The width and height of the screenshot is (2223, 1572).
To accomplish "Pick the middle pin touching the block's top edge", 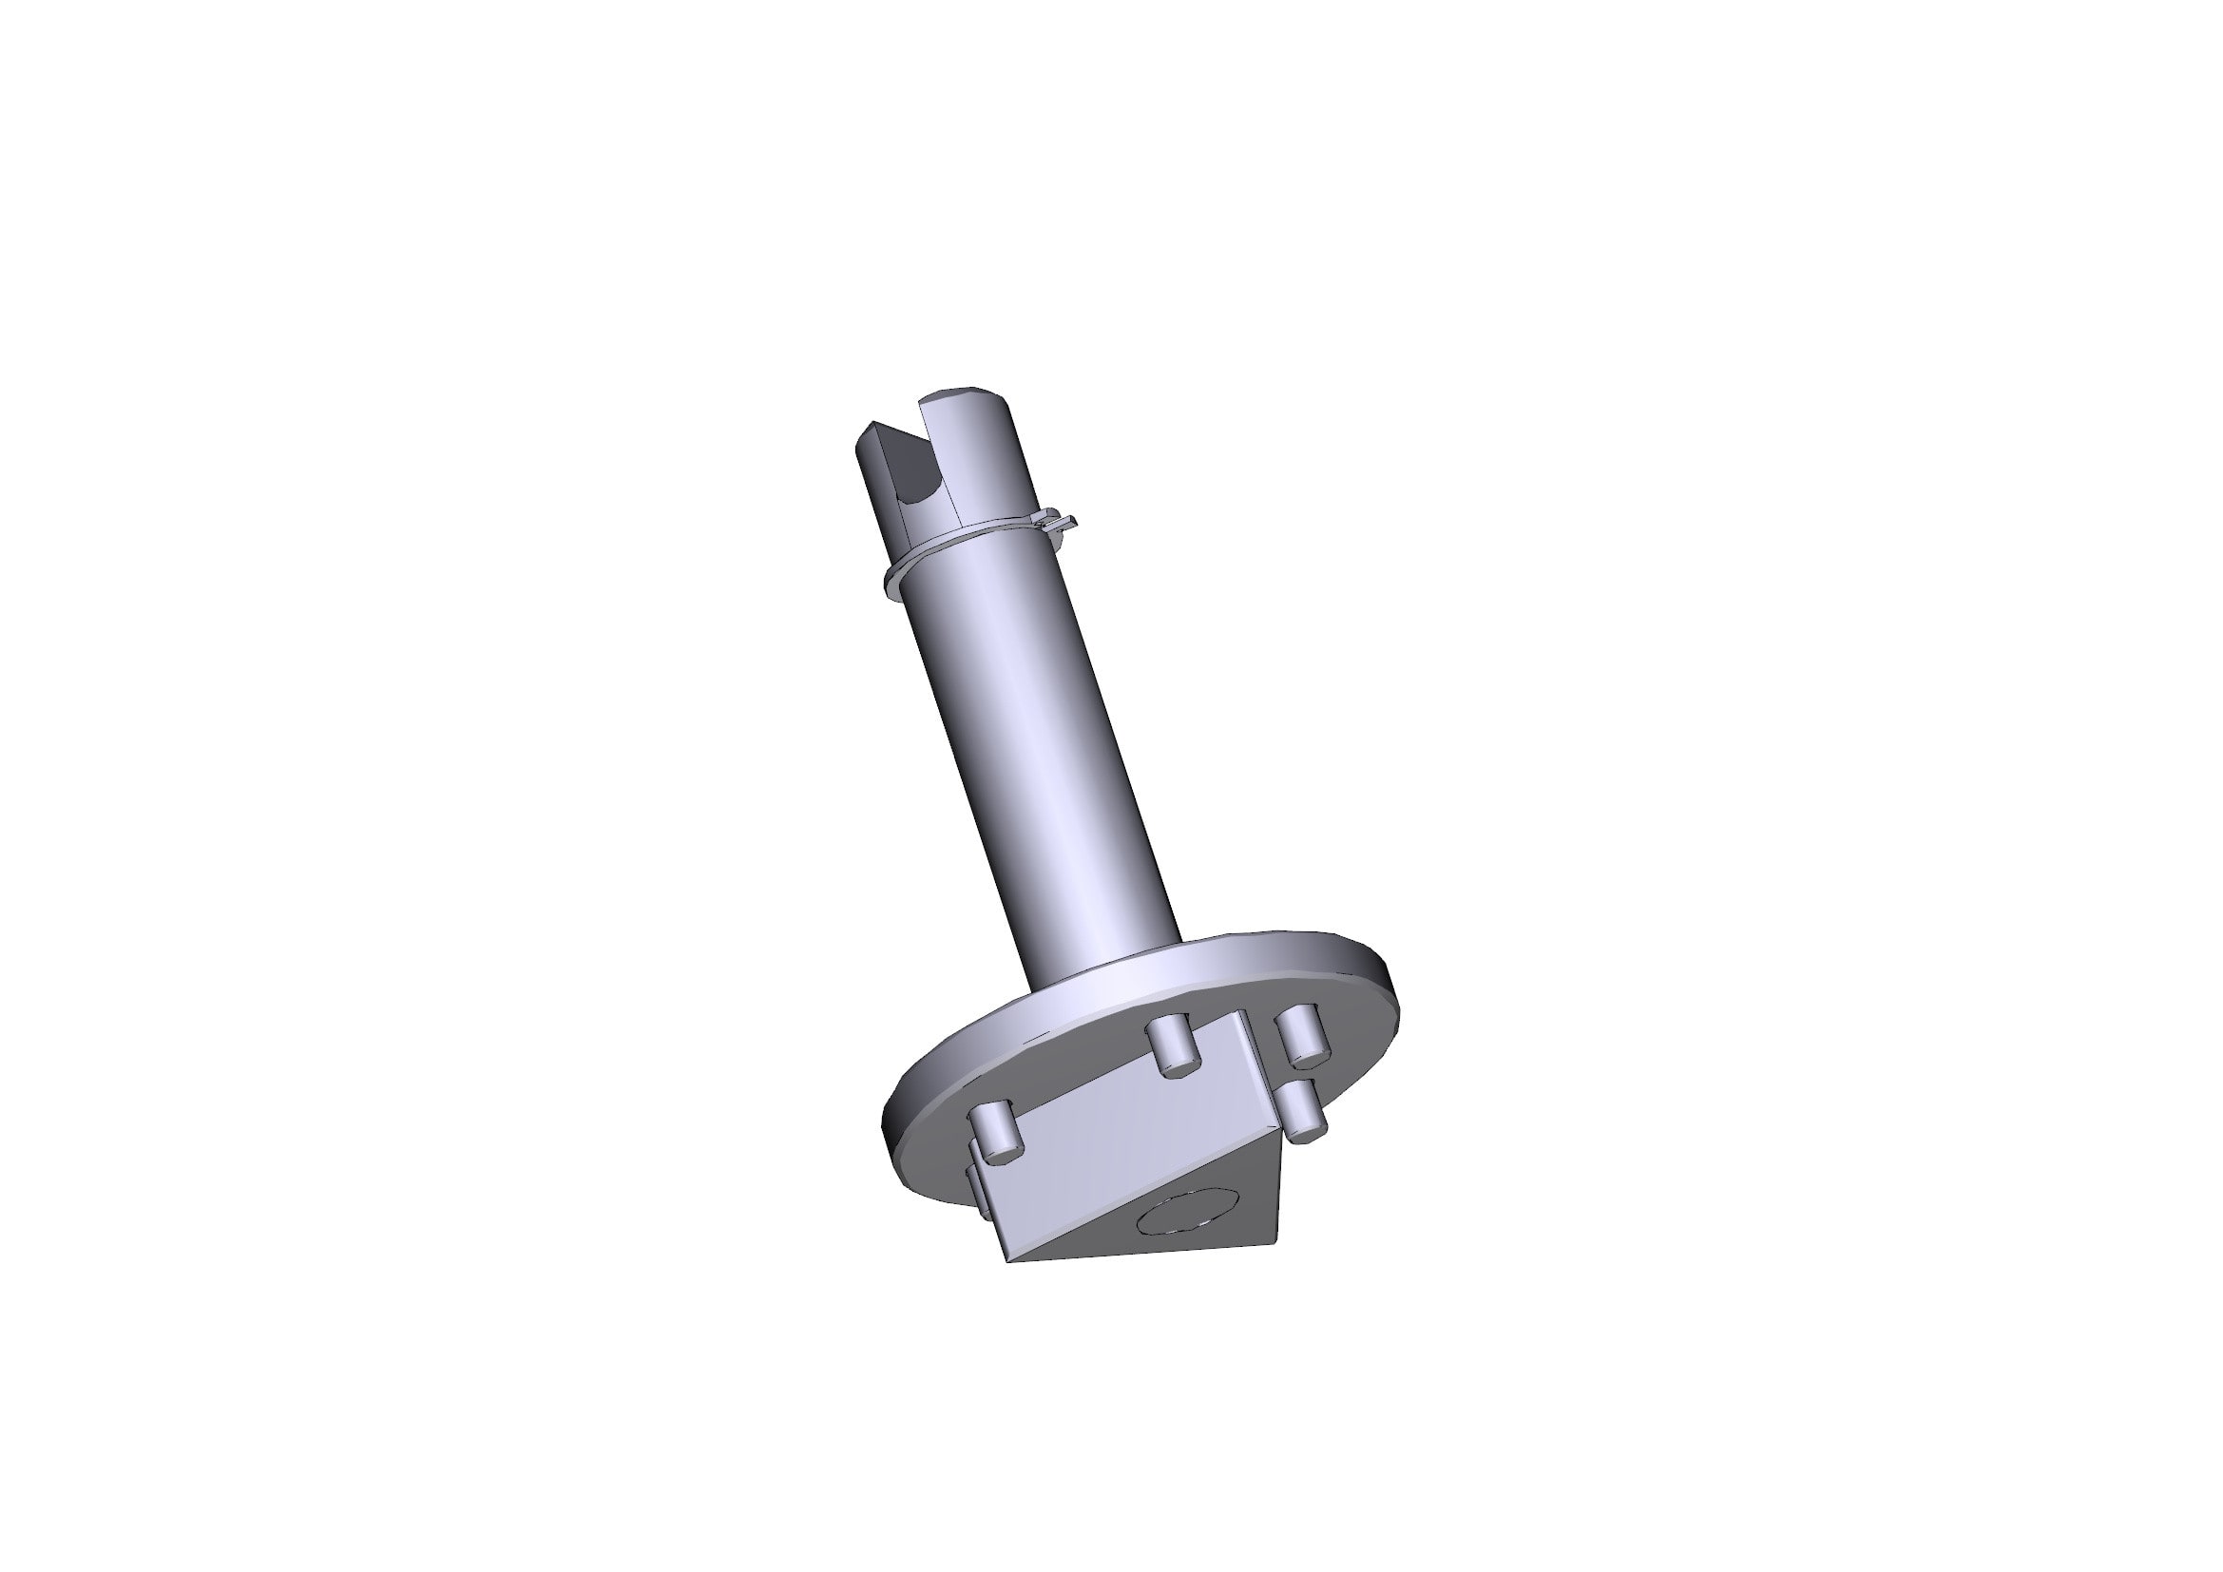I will coord(1172,1046).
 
